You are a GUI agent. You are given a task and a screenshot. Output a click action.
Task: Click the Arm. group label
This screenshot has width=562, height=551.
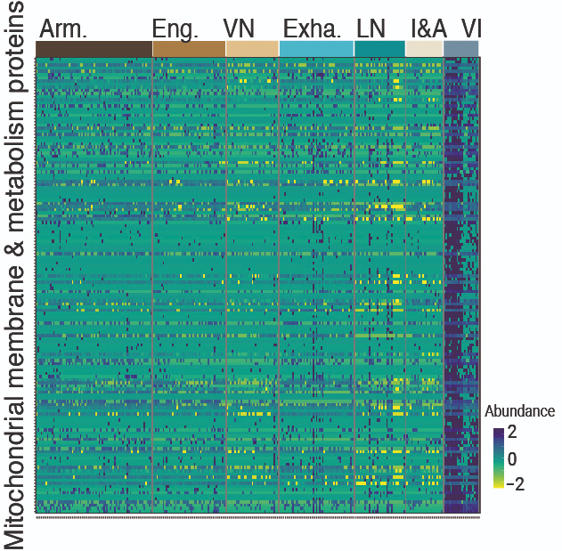(x=63, y=28)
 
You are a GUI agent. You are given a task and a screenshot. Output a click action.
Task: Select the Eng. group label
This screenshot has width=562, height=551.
(x=175, y=28)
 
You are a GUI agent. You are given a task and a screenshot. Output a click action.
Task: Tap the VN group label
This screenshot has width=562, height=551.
(x=239, y=28)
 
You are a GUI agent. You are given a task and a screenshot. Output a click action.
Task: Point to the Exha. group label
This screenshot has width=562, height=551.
(x=312, y=28)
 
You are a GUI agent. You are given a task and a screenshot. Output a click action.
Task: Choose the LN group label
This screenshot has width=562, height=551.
(x=371, y=28)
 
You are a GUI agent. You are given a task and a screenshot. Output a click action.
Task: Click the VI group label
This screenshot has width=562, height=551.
(x=471, y=28)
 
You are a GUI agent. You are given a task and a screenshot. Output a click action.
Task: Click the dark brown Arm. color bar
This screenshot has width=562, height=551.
(x=94, y=48)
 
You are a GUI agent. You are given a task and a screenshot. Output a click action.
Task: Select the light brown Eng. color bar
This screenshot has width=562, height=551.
(x=189, y=48)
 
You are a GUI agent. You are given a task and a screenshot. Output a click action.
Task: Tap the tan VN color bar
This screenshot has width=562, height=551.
(x=252, y=48)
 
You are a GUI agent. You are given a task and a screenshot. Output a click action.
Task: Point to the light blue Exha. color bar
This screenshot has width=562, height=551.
(x=316, y=48)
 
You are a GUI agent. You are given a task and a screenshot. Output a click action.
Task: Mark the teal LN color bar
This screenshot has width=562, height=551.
(x=379, y=48)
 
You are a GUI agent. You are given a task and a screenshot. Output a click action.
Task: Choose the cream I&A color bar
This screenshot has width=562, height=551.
(x=424, y=48)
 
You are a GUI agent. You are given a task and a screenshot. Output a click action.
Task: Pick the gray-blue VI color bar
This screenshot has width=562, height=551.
(x=460, y=48)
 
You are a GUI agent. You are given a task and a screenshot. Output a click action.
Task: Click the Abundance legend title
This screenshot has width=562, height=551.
(x=520, y=412)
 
